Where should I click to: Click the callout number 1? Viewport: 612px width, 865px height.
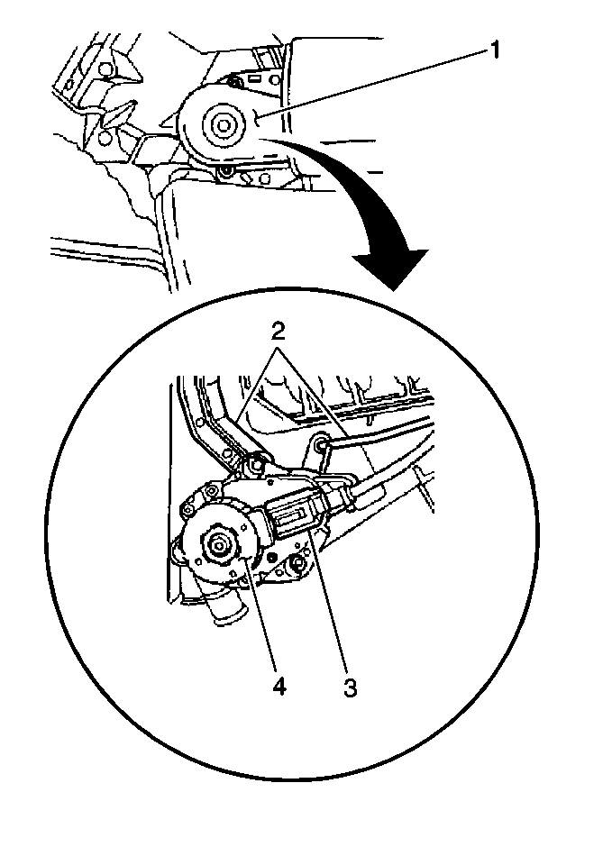click(x=495, y=50)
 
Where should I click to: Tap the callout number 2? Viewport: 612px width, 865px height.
click(x=279, y=332)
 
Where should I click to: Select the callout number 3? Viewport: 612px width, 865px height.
click(x=350, y=687)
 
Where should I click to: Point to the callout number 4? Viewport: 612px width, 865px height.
click(x=279, y=687)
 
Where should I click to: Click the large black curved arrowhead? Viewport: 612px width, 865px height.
click(x=392, y=269)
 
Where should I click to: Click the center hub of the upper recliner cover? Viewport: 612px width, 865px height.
click(x=223, y=125)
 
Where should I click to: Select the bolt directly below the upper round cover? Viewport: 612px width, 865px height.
click(x=224, y=174)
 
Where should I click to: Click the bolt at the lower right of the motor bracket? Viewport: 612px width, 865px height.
click(x=297, y=563)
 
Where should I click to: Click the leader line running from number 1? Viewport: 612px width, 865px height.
click(x=375, y=83)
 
